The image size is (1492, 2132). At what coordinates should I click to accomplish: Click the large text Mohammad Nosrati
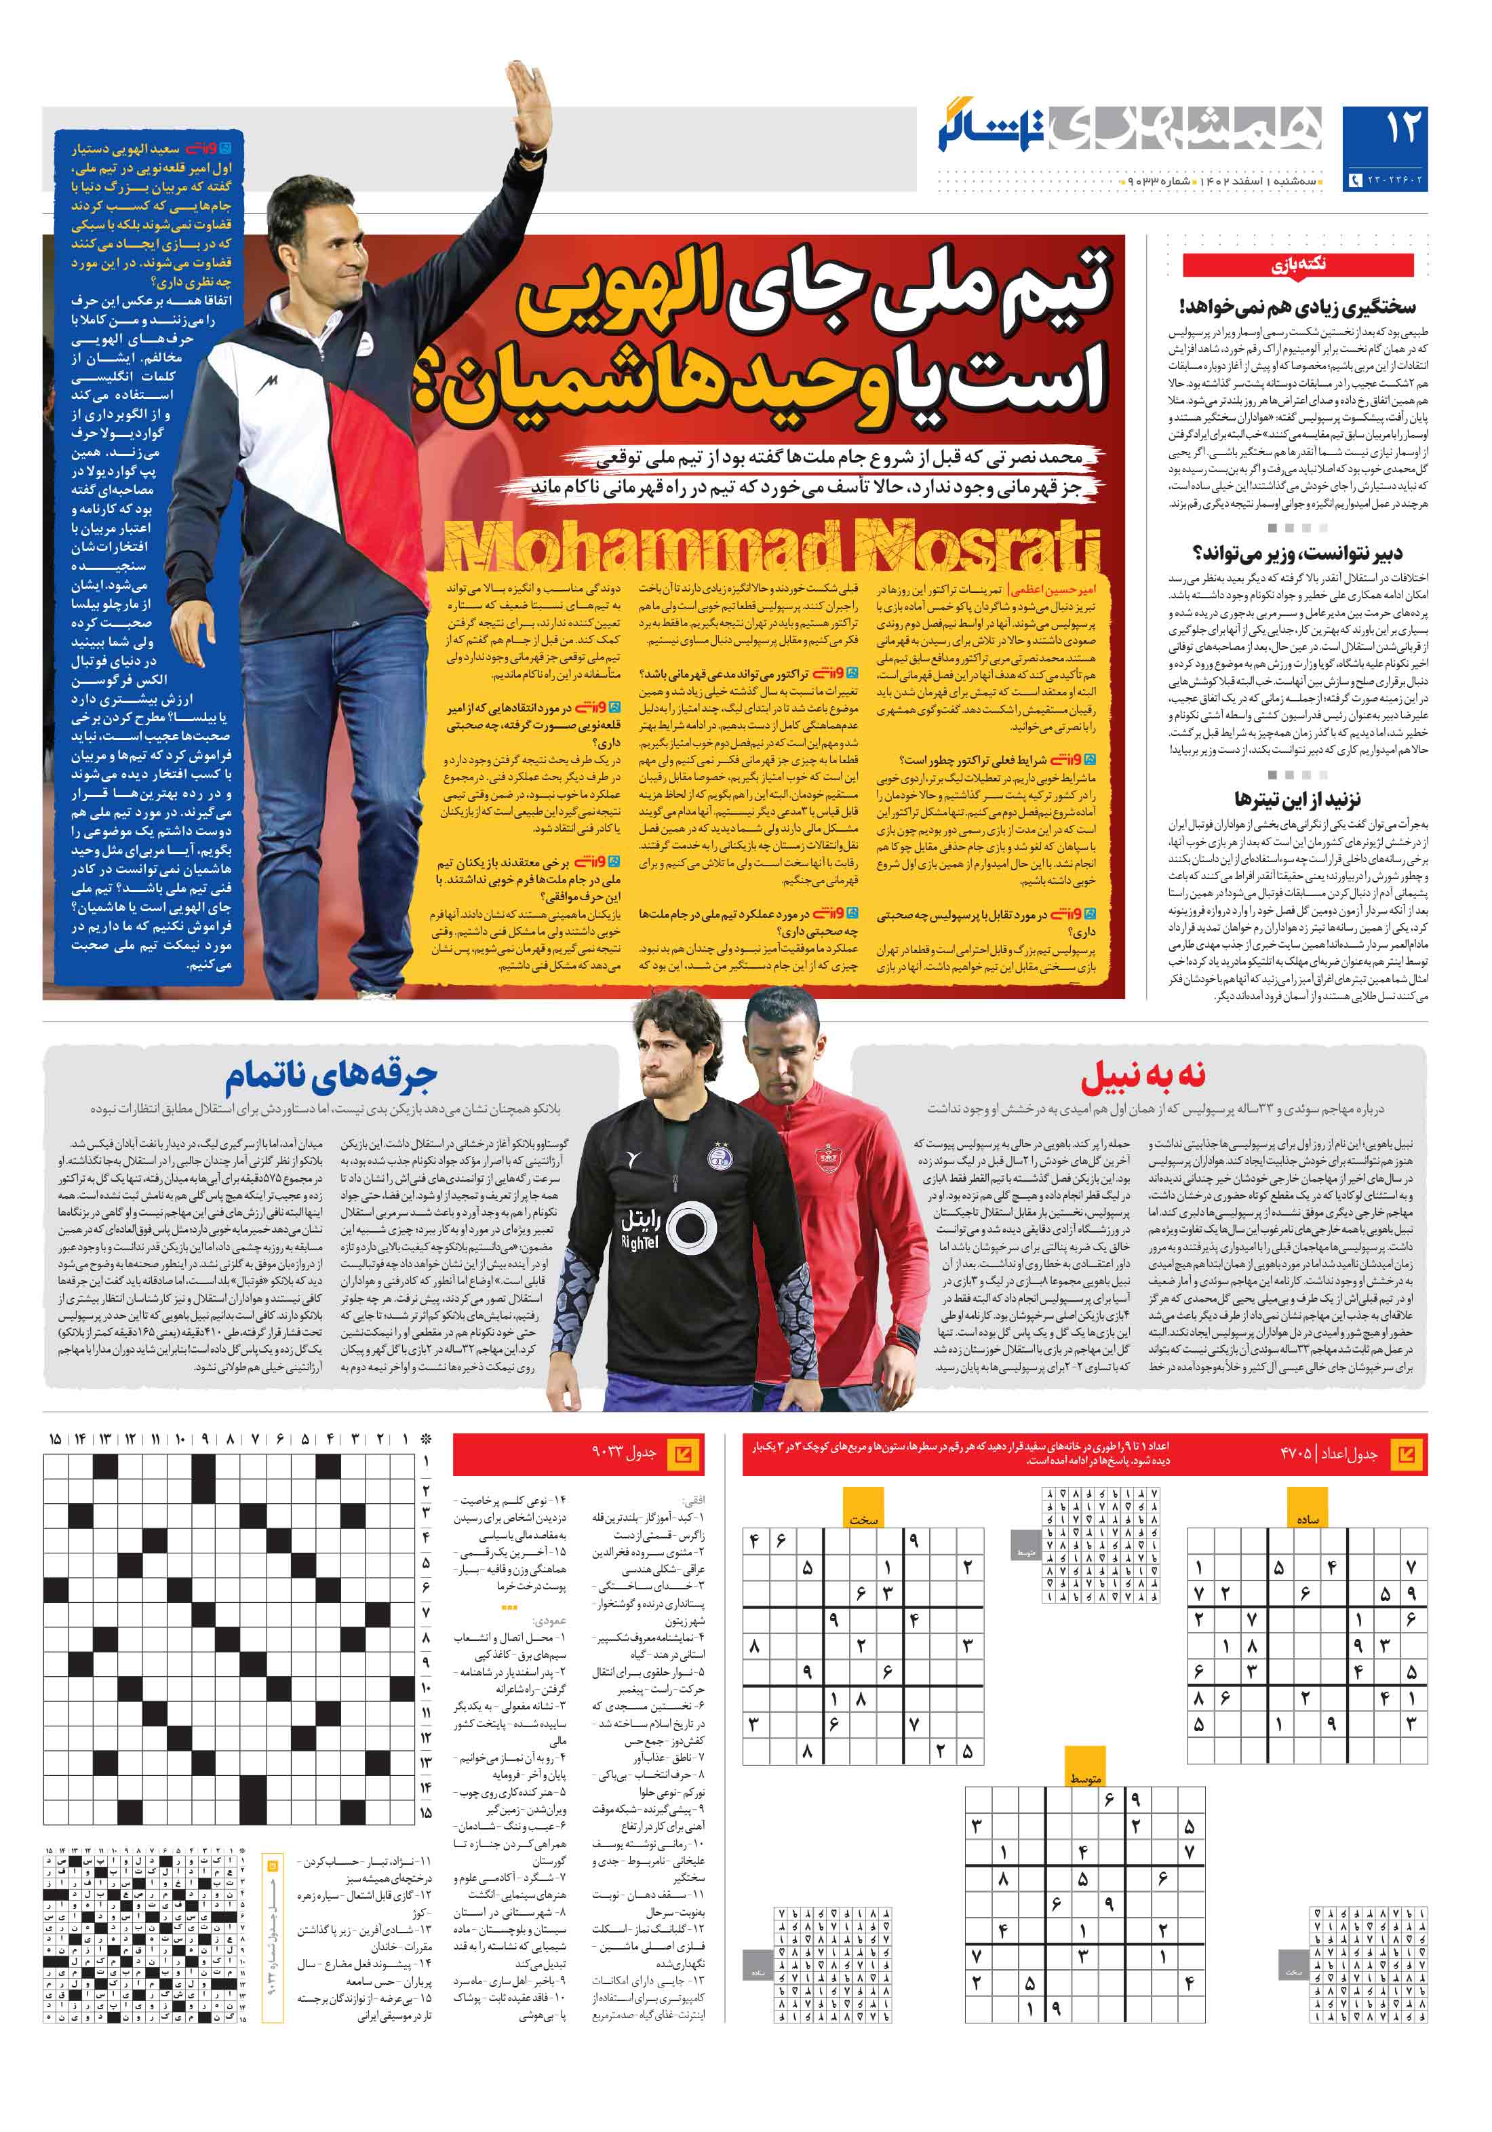[x=770, y=548]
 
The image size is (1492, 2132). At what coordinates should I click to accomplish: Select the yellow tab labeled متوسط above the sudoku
[x=1084, y=1778]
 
